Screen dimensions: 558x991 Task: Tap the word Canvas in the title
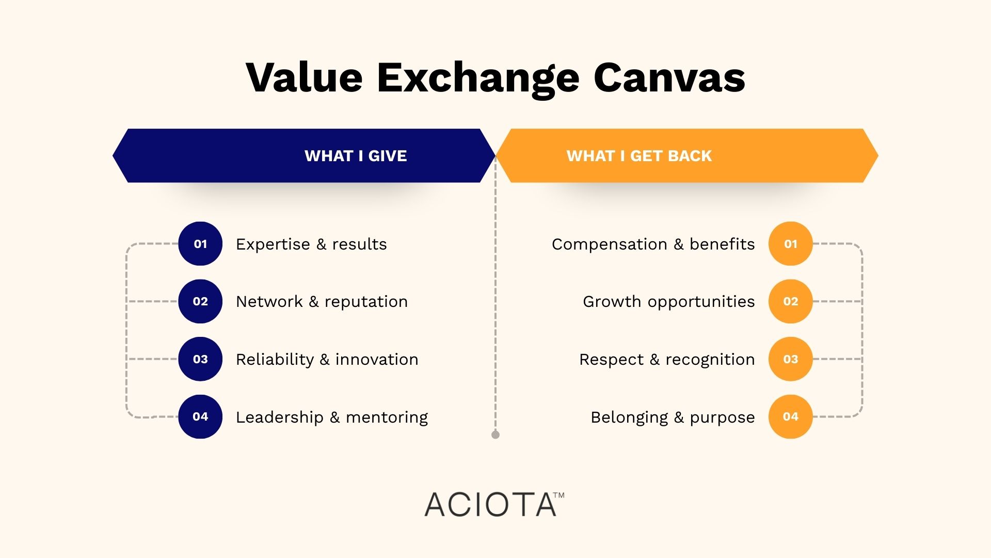[669, 78]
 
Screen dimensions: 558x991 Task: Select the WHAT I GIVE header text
[356, 156]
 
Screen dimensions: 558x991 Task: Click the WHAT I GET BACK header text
[639, 156]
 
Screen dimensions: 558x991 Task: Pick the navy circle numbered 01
[200, 244]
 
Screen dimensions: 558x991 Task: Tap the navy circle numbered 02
[200, 301]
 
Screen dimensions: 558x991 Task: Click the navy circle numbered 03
[200, 359]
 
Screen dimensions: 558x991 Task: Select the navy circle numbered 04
[200, 416]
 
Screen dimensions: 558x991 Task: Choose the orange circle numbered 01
[790, 244]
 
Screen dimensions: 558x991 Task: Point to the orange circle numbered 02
[790, 301]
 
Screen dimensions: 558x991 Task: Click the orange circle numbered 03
[790, 359]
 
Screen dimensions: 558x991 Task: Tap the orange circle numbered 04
[790, 416]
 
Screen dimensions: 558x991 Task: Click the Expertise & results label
[311, 244]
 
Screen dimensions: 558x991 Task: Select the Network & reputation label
[322, 302]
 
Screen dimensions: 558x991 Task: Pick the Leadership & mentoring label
[332, 417]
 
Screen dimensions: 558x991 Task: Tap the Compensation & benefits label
[653, 244]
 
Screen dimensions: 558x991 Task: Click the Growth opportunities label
[668, 302]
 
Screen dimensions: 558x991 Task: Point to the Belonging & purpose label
[673, 417]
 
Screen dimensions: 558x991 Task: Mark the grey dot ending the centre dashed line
[495, 435]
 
